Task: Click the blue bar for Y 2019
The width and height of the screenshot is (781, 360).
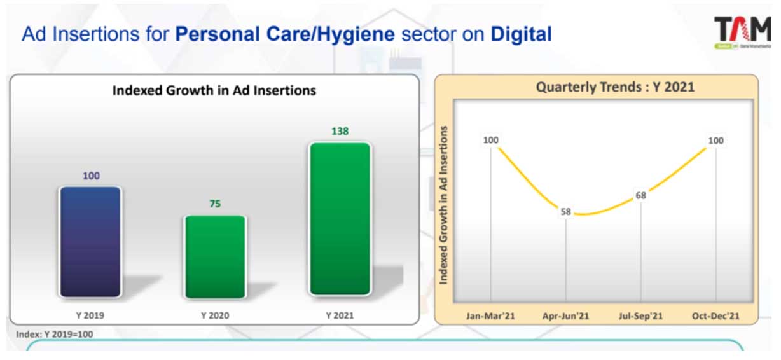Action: click(x=90, y=242)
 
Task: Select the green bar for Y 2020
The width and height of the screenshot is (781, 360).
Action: click(x=215, y=256)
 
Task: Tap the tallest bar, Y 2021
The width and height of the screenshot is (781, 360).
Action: click(x=340, y=219)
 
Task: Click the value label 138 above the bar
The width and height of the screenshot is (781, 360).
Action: click(x=340, y=132)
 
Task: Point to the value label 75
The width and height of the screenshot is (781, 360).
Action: click(x=215, y=204)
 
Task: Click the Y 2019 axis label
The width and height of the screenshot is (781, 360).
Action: click(x=90, y=315)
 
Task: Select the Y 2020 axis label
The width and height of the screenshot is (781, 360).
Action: click(x=215, y=315)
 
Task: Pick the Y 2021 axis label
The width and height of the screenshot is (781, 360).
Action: click(x=340, y=315)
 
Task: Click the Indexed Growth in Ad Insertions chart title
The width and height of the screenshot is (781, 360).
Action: click(x=214, y=90)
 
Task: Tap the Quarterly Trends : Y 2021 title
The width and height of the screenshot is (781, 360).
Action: click(x=615, y=87)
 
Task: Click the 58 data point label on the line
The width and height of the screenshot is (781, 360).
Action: click(x=565, y=212)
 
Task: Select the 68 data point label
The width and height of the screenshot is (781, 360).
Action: click(x=640, y=195)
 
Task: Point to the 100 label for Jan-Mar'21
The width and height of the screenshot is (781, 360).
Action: click(x=490, y=140)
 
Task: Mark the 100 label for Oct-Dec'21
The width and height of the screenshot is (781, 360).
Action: click(x=716, y=140)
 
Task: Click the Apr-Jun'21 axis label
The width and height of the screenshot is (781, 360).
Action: click(x=565, y=315)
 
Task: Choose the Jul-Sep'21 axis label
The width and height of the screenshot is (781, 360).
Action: click(x=640, y=315)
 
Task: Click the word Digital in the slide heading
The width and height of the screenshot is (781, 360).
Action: click(x=521, y=34)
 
